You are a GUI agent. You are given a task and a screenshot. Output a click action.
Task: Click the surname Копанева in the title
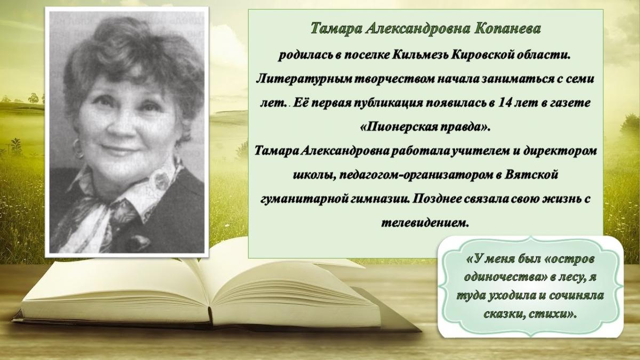[508, 29]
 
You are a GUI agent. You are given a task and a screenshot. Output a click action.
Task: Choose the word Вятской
[531, 174]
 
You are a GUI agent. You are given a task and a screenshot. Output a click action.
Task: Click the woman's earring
[77, 148]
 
